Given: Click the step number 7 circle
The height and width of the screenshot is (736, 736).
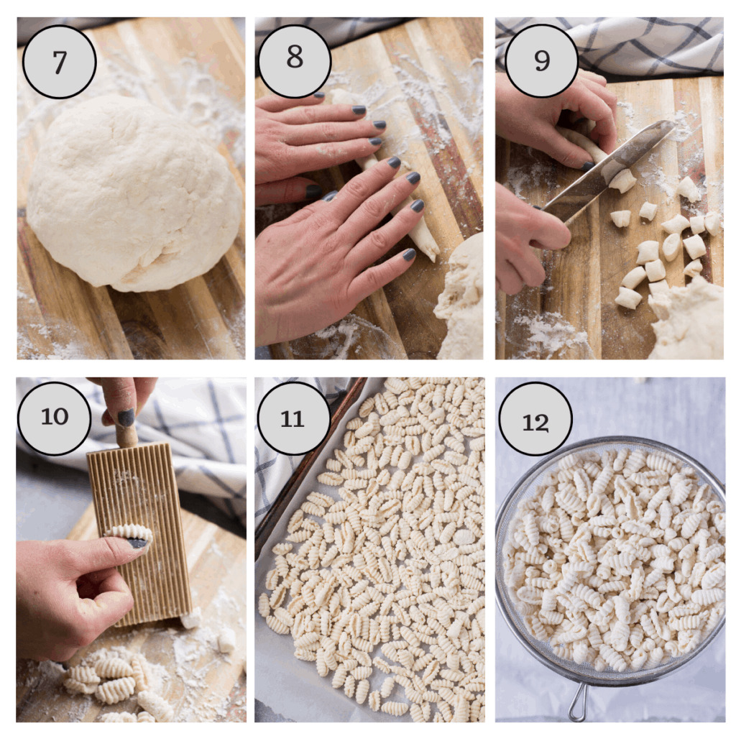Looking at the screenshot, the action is (x=59, y=62).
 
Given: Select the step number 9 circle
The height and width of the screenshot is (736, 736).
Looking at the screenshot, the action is (x=542, y=60).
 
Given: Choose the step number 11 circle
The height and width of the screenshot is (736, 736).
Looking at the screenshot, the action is (x=293, y=418).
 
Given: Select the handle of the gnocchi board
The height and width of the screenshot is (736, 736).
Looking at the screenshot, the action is (x=126, y=435).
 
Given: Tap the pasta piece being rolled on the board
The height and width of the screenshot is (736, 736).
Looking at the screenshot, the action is (x=131, y=533).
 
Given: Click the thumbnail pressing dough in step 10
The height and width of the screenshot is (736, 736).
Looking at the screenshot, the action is (x=137, y=543).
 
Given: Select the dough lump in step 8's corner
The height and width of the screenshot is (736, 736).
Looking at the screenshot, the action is (x=460, y=300).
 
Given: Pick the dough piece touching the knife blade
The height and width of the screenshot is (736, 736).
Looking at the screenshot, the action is (x=622, y=180).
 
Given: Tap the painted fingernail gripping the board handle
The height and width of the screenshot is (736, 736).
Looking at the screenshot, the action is (x=125, y=418).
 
